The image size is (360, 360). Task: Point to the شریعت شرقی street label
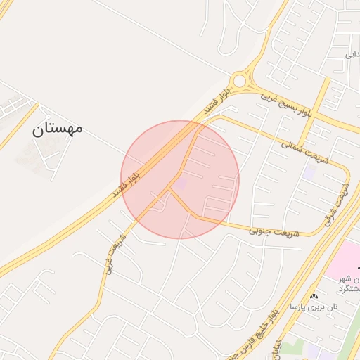337,204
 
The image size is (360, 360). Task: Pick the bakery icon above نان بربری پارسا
314,296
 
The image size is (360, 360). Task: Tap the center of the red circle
180,180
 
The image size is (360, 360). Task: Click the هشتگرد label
349,288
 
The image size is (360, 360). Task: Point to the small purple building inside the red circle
181,184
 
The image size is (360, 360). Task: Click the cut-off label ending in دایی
352,54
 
